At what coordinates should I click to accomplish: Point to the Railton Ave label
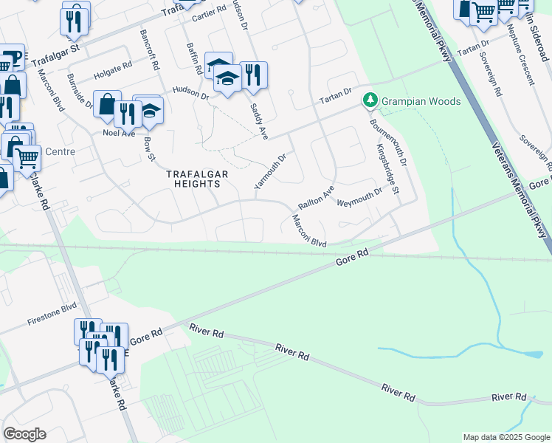316,196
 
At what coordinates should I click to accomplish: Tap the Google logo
24,433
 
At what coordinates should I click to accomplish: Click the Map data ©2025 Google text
506,437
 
